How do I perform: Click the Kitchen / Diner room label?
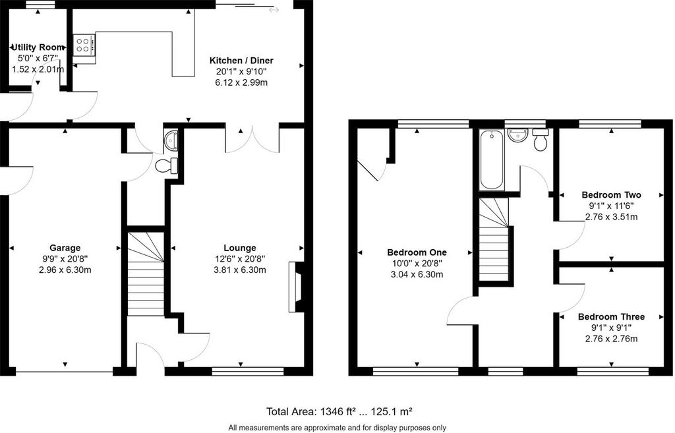241,60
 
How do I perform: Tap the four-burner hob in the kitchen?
84,45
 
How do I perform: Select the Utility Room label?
38,47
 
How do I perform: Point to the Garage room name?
65,248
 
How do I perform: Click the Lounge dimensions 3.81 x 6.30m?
240,270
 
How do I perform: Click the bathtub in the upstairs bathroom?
491,159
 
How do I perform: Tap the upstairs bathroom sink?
518,134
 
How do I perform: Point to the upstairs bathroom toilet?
541,139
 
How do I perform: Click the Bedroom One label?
417,252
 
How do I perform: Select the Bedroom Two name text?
611,194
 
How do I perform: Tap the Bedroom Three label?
611,317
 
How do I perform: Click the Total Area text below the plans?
339,411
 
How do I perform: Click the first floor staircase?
494,239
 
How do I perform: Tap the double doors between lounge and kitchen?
253,140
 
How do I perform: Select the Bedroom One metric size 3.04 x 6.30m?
417,275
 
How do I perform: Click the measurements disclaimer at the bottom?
337,428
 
